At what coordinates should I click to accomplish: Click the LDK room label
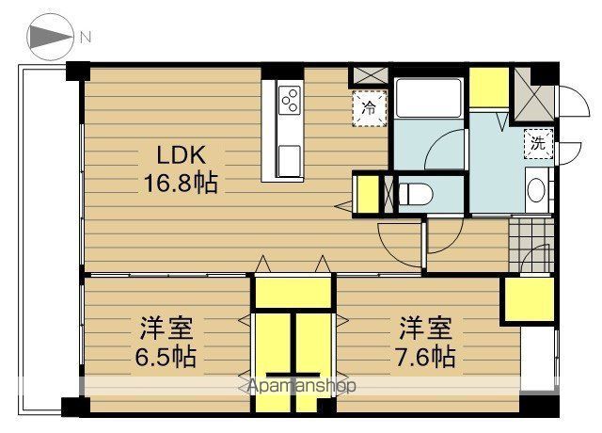[182, 154]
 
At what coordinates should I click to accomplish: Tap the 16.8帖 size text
[181, 182]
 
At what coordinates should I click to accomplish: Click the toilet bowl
[416, 194]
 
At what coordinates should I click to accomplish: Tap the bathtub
[429, 98]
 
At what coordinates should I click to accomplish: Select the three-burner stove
[290, 100]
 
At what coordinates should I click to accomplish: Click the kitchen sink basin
[289, 161]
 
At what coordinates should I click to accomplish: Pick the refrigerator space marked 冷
[370, 109]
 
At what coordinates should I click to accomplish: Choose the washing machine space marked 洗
[539, 144]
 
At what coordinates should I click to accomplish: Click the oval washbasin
[536, 190]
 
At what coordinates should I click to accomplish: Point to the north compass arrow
[50, 38]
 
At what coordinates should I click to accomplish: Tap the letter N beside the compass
[86, 38]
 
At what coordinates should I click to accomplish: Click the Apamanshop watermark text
[302, 385]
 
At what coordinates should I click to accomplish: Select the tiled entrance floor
[531, 246]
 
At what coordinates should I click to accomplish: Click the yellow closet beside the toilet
[368, 194]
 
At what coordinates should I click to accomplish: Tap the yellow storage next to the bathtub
[489, 88]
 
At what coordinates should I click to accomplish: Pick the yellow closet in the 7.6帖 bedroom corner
[529, 299]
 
